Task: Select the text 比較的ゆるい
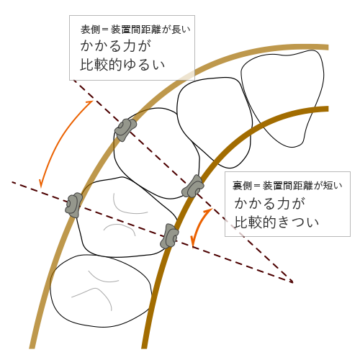point(122,65)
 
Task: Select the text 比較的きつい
point(276,222)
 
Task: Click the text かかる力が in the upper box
point(116,45)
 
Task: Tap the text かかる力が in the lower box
point(270,203)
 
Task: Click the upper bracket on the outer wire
point(125,130)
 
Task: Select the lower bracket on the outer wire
point(73,205)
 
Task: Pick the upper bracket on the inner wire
point(193,186)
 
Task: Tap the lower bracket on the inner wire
point(169,236)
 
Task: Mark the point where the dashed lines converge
point(292,282)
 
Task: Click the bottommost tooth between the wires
point(101,291)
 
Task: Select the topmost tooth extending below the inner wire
point(283,98)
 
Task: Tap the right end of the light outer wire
point(328,48)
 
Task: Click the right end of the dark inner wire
point(328,109)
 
